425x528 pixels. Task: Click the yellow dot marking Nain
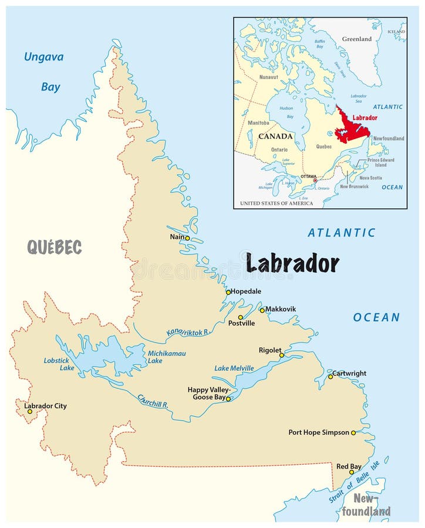[x=187, y=238]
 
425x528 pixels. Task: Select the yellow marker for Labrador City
[x=30, y=412]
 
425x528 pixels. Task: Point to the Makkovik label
[x=281, y=309]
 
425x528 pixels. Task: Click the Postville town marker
[x=240, y=317]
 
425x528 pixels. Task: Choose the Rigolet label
[x=271, y=350]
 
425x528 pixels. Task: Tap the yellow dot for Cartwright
[x=330, y=377]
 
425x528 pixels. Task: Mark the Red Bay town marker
[x=352, y=472]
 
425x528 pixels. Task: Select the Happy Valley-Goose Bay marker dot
[x=228, y=399]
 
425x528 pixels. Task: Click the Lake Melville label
[x=234, y=368]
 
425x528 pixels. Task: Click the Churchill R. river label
[x=153, y=401]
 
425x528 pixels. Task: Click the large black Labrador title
[x=292, y=263]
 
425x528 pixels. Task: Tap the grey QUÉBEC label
[x=54, y=247]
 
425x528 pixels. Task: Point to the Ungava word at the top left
[x=43, y=57]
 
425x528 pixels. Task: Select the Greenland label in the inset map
[x=357, y=39]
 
